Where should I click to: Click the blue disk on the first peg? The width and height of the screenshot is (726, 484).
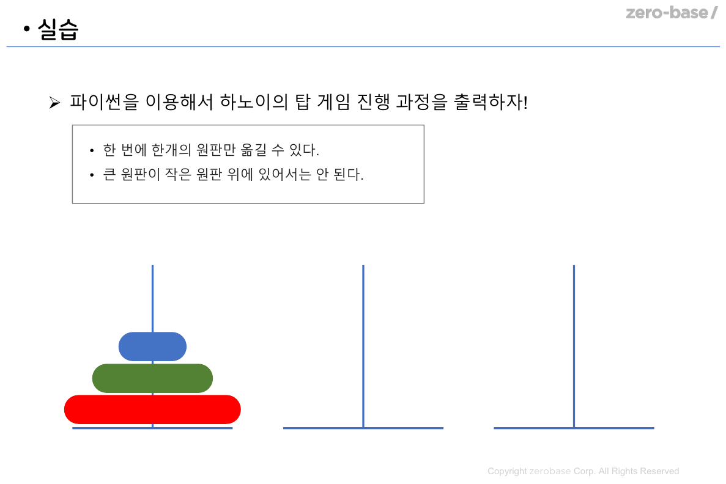[x=152, y=346]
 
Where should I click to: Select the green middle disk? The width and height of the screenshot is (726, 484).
[x=152, y=378]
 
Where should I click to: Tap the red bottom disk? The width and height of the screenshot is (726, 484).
[x=152, y=409]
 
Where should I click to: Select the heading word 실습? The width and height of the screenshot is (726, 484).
[x=58, y=29]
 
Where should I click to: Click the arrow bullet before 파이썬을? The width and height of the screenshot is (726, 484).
[x=54, y=103]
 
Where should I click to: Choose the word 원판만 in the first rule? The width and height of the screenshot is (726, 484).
[x=219, y=150]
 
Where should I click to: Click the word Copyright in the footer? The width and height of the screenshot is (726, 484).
[x=507, y=471]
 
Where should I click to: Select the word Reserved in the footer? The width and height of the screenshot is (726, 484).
[x=659, y=471]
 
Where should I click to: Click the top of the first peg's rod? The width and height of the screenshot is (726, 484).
[x=152, y=268]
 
